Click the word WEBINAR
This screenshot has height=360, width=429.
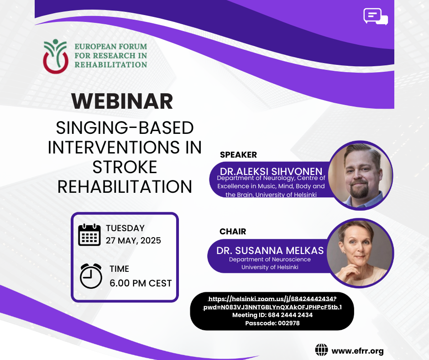pos(122,101)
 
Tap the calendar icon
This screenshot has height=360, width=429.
pos(89,235)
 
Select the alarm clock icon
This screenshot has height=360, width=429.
pos(91,276)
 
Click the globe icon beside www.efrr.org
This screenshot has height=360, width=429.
pos(321,350)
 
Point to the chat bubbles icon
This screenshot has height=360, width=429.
pos(376,17)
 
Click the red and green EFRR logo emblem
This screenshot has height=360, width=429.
pos(56,57)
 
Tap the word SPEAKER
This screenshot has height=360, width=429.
pos(238,155)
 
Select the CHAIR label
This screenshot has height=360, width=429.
pos(233,232)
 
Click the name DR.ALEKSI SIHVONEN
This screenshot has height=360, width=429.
pos(271,171)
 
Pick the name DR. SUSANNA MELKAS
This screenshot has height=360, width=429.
pos(270,251)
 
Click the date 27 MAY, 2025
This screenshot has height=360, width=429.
pos(134,241)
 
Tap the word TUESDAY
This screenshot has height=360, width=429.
pos(126,228)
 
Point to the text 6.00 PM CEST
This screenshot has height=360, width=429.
pos(141,283)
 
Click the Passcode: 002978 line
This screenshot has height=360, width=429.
pos(272,323)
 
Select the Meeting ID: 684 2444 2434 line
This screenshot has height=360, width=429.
pos(272,315)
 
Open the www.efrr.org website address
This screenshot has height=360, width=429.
pos(358,351)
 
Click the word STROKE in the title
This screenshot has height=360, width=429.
pos(125,167)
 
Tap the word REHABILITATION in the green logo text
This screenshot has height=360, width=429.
pos(111,65)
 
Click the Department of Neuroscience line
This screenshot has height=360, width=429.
pos(270,259)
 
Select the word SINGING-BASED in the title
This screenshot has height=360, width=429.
pos(125,127)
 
